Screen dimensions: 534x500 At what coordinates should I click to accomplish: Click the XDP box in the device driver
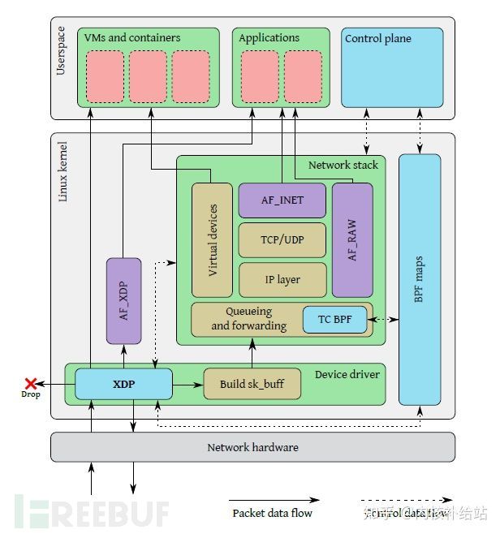(x=123, y=384)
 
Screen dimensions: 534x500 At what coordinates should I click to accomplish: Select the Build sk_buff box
(x=252, y=384)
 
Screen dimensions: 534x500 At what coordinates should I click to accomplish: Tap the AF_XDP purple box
(x=123, y=300)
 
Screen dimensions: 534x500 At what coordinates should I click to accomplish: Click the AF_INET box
(x=282, y=200)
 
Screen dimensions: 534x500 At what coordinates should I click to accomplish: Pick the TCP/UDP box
(x=282, y=239)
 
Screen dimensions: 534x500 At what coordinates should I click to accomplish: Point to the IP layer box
(x=282, y=279)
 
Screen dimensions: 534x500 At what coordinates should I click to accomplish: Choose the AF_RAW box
(x=352, y=239)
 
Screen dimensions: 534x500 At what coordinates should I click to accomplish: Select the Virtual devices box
(x=212, y=239)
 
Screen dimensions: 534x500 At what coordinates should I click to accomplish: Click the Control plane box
(x=392, y=67)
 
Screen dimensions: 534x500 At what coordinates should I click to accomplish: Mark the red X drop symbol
(x=31, y=383)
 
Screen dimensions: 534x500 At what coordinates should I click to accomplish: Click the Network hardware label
(x=252, y=447)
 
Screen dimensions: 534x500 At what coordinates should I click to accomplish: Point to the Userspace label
(x=62, y=55)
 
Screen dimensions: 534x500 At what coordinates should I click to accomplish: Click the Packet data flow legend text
(x=272, y=513)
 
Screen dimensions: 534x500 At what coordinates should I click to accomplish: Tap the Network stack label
(x=343, y=165)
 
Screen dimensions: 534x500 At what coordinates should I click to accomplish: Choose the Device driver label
(x=346, y=374)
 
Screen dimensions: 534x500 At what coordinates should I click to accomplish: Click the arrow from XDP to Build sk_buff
(x=187, y=384)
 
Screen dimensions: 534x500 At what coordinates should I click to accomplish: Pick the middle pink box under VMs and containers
(x=148, y=76)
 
